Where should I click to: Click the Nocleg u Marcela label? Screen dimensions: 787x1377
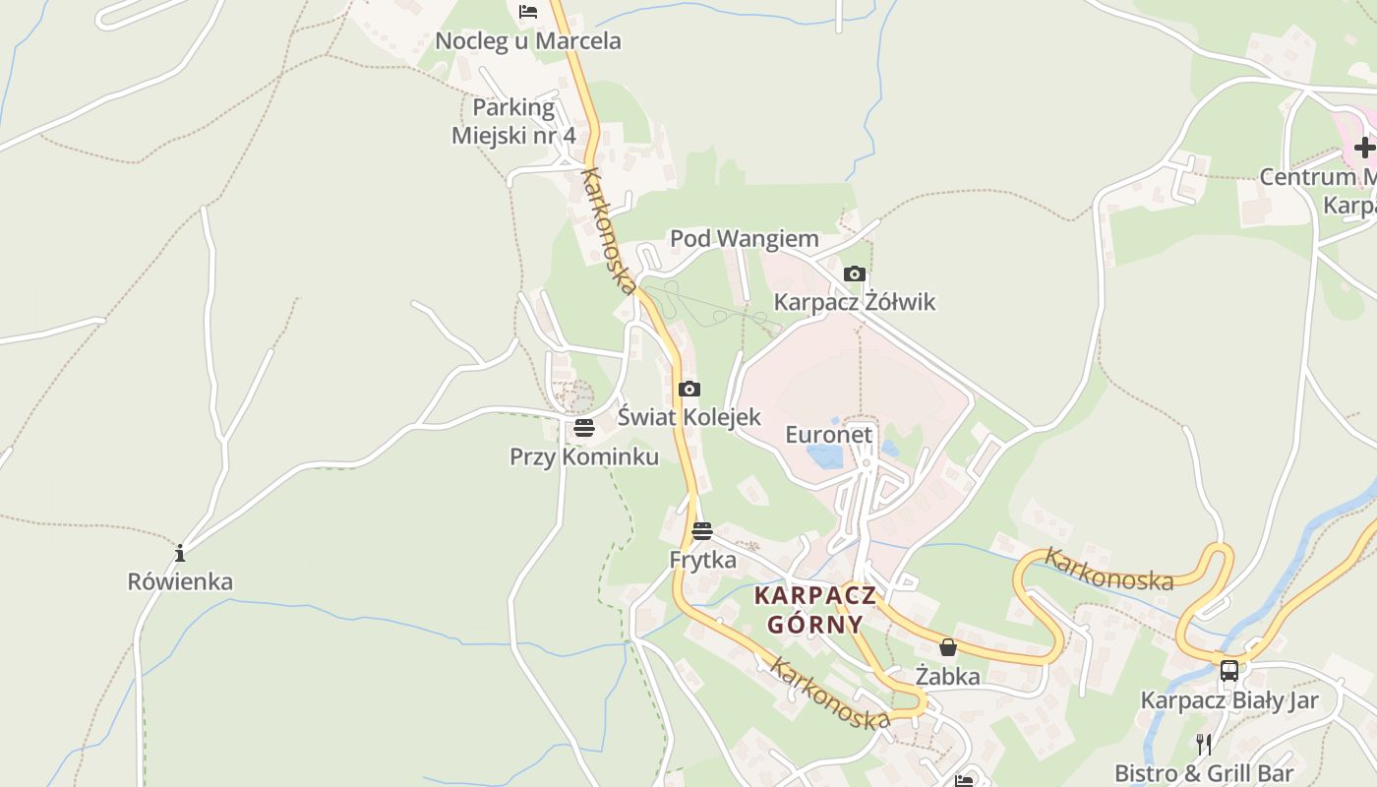coord(528,41)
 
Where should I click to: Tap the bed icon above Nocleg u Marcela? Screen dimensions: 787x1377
coord(528,12)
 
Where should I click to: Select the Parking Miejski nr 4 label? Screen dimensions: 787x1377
coord(513,121)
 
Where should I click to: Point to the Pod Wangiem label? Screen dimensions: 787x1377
coord(745,238)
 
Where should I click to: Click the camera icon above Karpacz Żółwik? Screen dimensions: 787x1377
coord(855,273)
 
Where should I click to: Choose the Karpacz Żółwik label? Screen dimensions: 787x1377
coord(855,301)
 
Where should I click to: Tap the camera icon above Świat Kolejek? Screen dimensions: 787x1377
coord(689,389)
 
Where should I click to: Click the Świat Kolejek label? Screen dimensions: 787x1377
coord(689,416)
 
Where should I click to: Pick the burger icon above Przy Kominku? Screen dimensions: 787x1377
coord(584,428)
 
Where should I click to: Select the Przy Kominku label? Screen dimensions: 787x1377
coord(584,456)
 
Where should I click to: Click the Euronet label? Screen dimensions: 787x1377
coord(828,434)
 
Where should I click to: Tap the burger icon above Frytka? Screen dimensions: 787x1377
coord(702,531)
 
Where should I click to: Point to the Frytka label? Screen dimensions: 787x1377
coord(702,560)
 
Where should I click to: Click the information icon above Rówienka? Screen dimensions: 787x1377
coord(180,553)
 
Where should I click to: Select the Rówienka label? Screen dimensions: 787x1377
coord(180,581)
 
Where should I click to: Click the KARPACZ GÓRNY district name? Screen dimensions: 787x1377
coord(814,609)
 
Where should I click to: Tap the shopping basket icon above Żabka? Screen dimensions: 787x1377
coord(948,647)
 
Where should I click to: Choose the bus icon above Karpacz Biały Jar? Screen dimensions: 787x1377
coord(1229,671)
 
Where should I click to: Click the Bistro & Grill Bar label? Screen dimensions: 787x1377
coord(1204,772)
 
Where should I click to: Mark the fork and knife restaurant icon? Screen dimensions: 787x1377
coord(1203,744)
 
